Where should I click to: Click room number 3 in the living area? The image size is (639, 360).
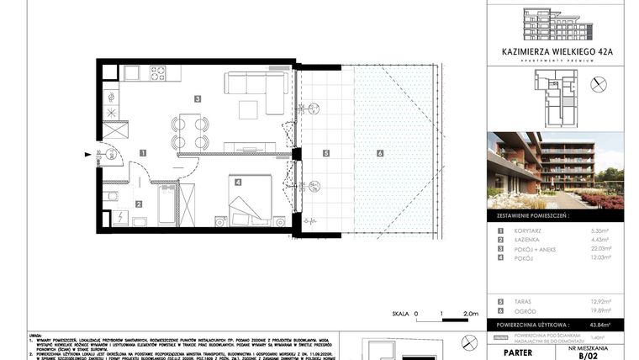tap(197, 98)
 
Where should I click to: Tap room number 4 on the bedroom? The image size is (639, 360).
tap(238, 182)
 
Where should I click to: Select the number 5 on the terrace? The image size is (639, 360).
tap(326, 153)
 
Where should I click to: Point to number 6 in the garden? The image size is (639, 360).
tap(380, 153)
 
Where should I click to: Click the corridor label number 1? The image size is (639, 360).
tap(144, 153)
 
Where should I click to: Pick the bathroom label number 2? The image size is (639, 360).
tap(140, 203)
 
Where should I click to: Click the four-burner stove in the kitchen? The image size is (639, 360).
tap(159, 73)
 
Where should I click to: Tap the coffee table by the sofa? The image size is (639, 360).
tap(249, 109)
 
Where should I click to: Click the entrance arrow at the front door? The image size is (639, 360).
tap(89, 154)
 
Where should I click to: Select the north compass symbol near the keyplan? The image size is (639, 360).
tap(599, 84)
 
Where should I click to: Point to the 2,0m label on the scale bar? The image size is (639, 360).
tap(469, 312)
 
